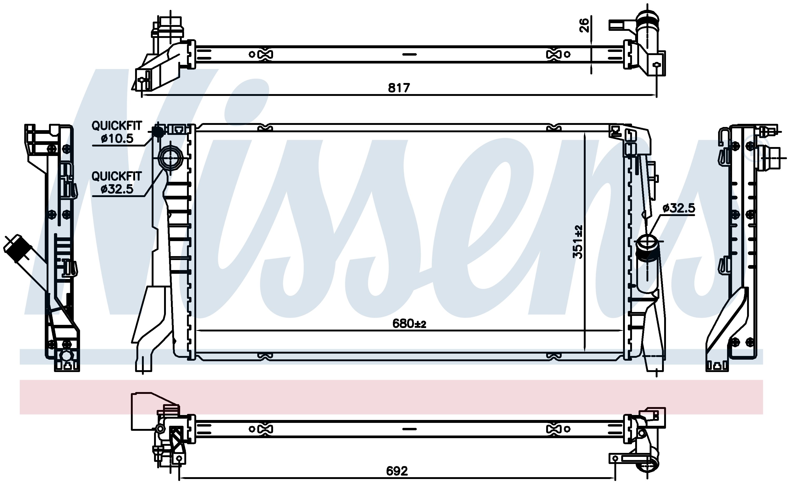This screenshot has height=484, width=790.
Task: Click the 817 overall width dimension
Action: click(x=399, y=87)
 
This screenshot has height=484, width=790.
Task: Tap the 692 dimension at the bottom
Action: click(x=397, y=471)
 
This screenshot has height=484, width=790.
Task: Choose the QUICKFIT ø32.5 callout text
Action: click(x=117, y=183)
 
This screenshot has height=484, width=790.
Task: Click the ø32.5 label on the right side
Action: click(x=679, y=208)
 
